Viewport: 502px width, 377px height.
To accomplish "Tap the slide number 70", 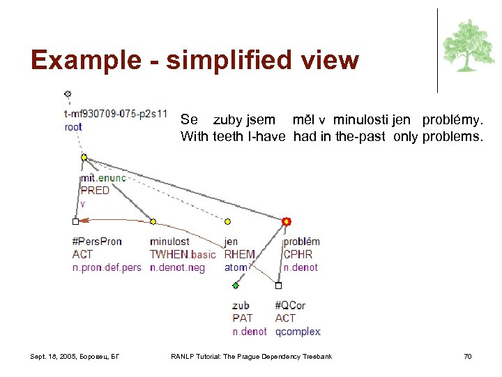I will (x=468, y=357).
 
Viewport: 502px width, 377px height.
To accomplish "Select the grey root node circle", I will (x=68, y=94).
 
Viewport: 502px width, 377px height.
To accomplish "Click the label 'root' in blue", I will (x=73, y=127).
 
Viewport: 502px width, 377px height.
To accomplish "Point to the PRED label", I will (x=95, y=191).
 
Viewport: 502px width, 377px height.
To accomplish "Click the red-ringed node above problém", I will (x=286, y=221).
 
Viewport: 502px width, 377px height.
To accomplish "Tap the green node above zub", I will (x=236, y=286).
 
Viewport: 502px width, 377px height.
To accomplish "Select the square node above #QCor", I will (x=278, y=286).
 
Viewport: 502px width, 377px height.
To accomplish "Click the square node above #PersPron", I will (x=75, y=221).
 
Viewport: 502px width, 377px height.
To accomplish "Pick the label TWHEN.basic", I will (x=183, y=255).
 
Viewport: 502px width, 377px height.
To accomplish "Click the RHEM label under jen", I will (x=239, y=255).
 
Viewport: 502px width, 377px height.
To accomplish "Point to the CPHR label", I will (x=298, y=255).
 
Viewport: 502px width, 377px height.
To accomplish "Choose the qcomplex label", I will (x=298, y=332).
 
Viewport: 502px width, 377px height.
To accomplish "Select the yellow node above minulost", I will (x=153, y=221).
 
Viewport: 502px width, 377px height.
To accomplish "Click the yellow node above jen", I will (x=227, y=221).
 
